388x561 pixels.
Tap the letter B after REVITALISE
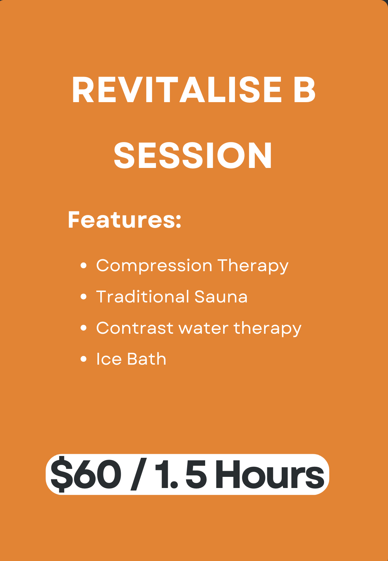coord(304,90)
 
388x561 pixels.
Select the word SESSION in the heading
coord(193,155)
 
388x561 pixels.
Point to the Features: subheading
coord(124,220)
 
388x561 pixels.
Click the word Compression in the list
coord(154,266)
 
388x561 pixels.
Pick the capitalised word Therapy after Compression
coord(253,266)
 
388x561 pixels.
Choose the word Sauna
coord(221,297)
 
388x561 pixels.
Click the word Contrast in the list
coord(135,328)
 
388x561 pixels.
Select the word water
coord(203,328)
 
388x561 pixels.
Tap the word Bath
coord(147,359)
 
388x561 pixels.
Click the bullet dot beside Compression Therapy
coord(84,265)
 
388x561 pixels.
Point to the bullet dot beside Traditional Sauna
coord(84,297)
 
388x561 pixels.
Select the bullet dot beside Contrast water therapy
coord(84,328)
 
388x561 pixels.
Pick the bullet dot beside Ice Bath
coord(84,359)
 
